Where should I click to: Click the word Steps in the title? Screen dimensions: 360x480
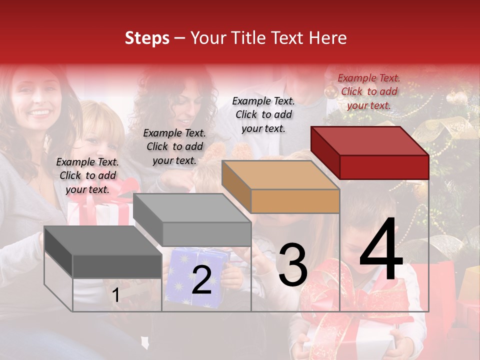(x=147, y=38)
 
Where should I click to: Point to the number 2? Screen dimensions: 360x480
(x=201, y=279)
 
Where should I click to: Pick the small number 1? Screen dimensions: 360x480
(x=116, y=295)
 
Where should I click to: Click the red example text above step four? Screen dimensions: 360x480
(x=369, y=91)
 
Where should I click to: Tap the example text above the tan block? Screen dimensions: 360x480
(x=263, y=114)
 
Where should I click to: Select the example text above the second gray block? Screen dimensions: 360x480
(x=174, y=146)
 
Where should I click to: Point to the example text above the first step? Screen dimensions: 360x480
(x=87, y=175)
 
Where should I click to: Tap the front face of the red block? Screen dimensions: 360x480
(x=384, y=167)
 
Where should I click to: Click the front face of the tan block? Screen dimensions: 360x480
(x=295, y=201)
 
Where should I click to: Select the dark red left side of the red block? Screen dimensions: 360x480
(x=325, y=151)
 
